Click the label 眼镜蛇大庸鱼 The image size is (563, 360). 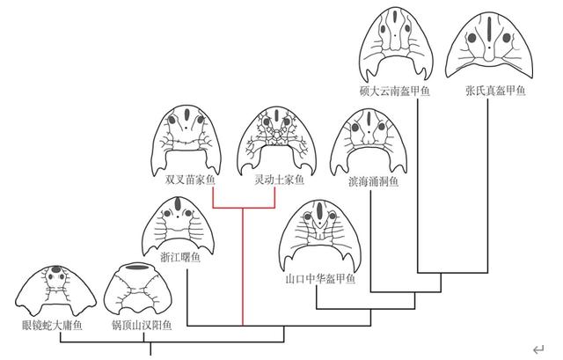(x=53, y=325)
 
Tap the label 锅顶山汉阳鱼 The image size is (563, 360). (x=142, y=325)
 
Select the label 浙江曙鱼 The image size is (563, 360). (x=180, y=257)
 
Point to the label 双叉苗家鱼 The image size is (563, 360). (x=190, y=180)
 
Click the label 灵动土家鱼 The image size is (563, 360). (x=280, y=180)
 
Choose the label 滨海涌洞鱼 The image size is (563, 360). (x=373, y=181)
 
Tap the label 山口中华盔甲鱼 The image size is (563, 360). (x=320, y=278)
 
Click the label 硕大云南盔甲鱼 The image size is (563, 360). (x=395, y=91)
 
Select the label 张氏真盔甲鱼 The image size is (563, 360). (x=495, y=91)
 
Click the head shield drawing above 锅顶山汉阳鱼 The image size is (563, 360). (x=138, y=290)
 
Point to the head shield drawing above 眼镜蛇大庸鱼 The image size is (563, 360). (x=55, y=290)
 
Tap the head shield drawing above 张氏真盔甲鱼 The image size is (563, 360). (x=489, y=46)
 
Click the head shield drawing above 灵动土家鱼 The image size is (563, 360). (x=277, y=141)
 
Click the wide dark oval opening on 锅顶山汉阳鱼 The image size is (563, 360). (x=138, y=267)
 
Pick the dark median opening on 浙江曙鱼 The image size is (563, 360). (x=178, y=204)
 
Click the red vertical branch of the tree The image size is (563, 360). (x=243, y=267)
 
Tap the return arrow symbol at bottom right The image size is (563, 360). (x=538, y=349)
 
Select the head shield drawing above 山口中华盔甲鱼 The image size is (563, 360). (x=319, y=236)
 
